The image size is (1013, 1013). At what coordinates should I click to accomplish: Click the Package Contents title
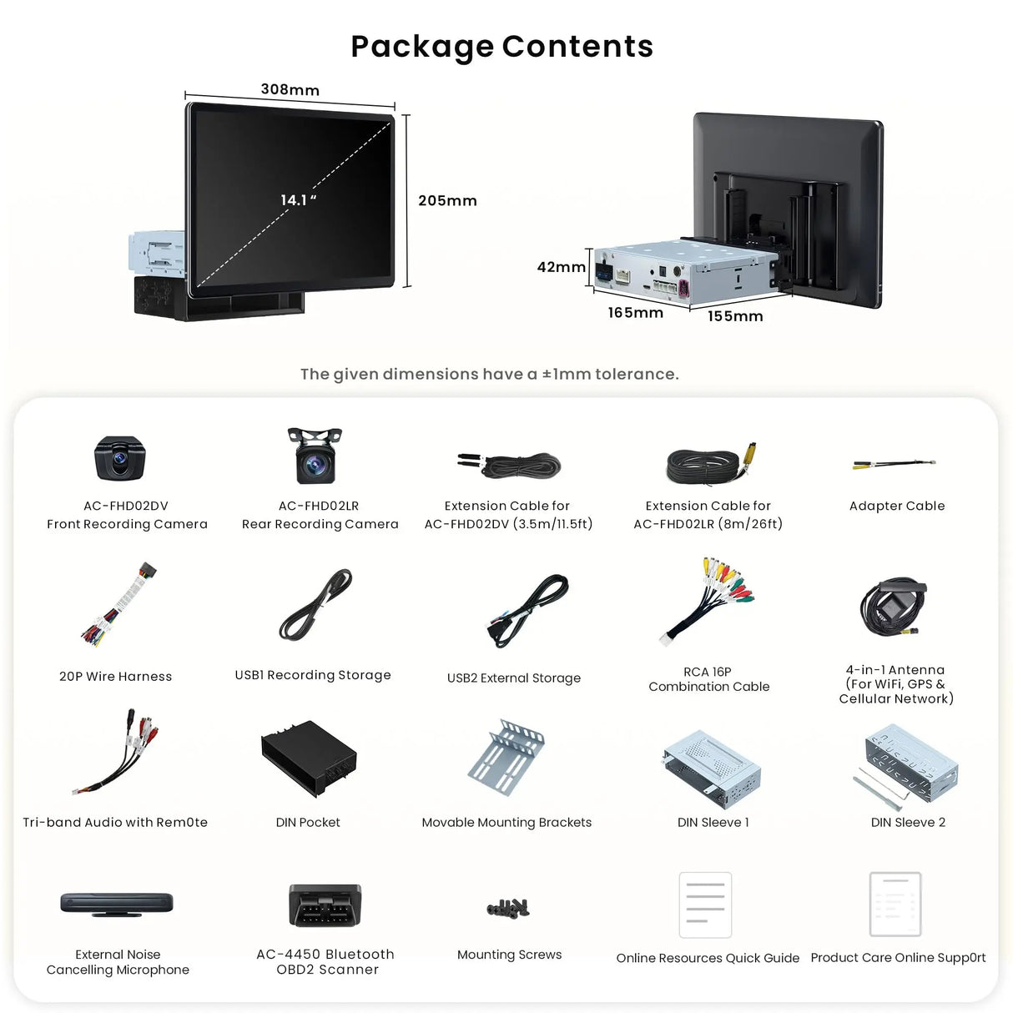click(x=501, y=47)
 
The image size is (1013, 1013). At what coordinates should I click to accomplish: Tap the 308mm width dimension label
click(x=290, y=90)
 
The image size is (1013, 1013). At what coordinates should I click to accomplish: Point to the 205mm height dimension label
click(x=447, y=201)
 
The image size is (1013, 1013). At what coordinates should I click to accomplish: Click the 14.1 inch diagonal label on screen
click(x=298, y=200)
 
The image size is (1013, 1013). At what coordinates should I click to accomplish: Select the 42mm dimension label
click(x=561, y=267)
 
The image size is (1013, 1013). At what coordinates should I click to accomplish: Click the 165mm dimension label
click(x=635, y=313)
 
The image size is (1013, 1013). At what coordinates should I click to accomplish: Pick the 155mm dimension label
click(x=735, y=316)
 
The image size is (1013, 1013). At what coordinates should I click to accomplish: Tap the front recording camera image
click(x=120, y=458)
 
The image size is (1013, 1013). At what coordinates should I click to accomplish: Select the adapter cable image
click(x=894, y=464)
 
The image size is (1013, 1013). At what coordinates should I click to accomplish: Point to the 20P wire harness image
click(x=118, y=606)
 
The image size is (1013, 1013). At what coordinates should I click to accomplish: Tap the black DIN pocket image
click(x=309, y=758)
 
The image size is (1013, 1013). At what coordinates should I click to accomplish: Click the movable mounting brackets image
click(x=506, y=757)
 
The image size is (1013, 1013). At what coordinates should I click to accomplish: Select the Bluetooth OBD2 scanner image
click(x=325, y=905)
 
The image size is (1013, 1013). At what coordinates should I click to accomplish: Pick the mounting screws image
click(x=508, y=908)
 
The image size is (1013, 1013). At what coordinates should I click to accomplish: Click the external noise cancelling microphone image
click(x=117, y=905)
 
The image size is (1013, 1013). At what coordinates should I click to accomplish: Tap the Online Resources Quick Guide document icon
click(x=705, y=905)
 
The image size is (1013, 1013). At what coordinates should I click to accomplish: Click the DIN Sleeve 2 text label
click(x=908, y=823)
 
